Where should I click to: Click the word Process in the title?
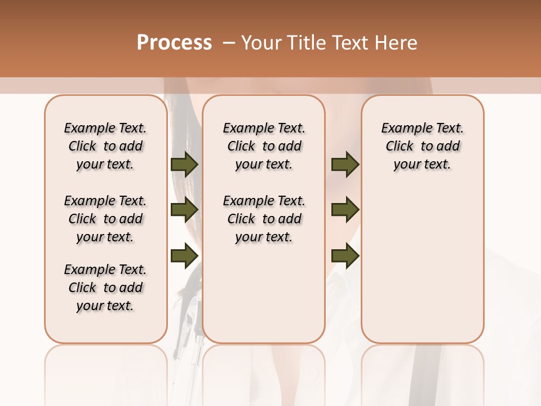[x=174, y=43]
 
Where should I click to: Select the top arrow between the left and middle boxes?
[x=184, y=164]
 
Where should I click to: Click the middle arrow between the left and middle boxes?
[x=184, y=210]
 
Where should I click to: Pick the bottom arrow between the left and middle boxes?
[x=184, y=255]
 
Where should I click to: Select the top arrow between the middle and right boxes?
[x=345, y=164]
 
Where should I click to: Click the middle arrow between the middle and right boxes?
[x=345, y=210]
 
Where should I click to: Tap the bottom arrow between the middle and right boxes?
[x=345, y=255]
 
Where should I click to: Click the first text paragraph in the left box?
[x=105, y=146]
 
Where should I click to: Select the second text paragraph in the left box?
[x=105, y=219]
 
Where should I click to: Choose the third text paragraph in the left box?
[x=105, y=288]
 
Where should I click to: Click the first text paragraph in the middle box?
[x=264, y=146]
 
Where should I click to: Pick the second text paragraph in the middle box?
[x=264, y=219]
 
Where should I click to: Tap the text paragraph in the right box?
[x=423, y=146]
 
